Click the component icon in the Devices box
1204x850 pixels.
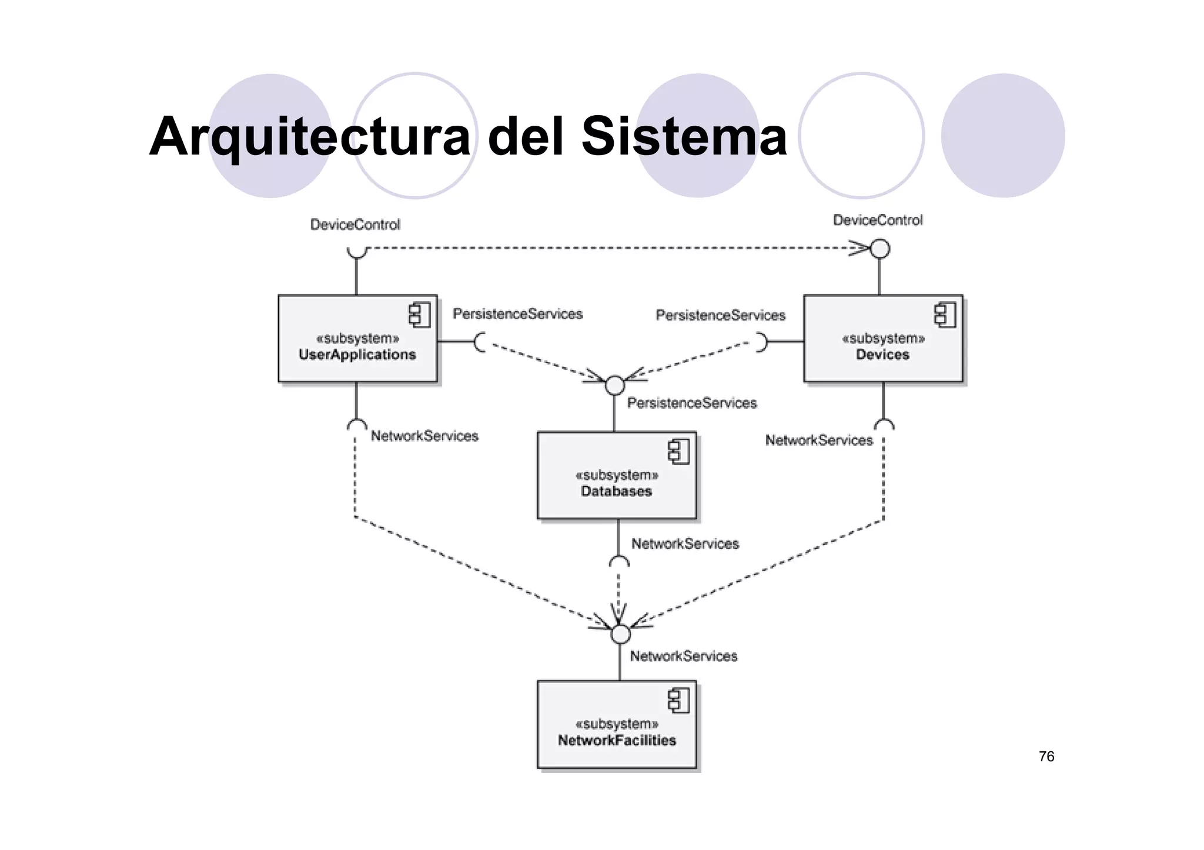point(945,315)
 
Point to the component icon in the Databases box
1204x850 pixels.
point(678,452)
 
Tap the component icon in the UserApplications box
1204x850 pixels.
point(420,315)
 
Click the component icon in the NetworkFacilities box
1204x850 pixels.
point(678,701)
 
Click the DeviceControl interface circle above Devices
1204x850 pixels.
point(879,248)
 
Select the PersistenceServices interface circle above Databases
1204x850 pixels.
point(614,385)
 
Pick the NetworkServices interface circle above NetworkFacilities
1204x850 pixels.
point(620,634)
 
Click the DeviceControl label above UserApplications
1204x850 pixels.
point(355,224)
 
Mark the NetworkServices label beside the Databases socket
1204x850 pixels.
point(685,544)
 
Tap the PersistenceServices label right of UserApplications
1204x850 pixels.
point(517,314)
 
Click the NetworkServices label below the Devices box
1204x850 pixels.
point(819,441)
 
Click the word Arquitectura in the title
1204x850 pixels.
point(310,136)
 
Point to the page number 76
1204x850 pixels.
point(1046,757)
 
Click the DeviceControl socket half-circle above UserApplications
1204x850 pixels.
point(356,251)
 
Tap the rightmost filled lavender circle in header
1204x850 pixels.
point(1003,136)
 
